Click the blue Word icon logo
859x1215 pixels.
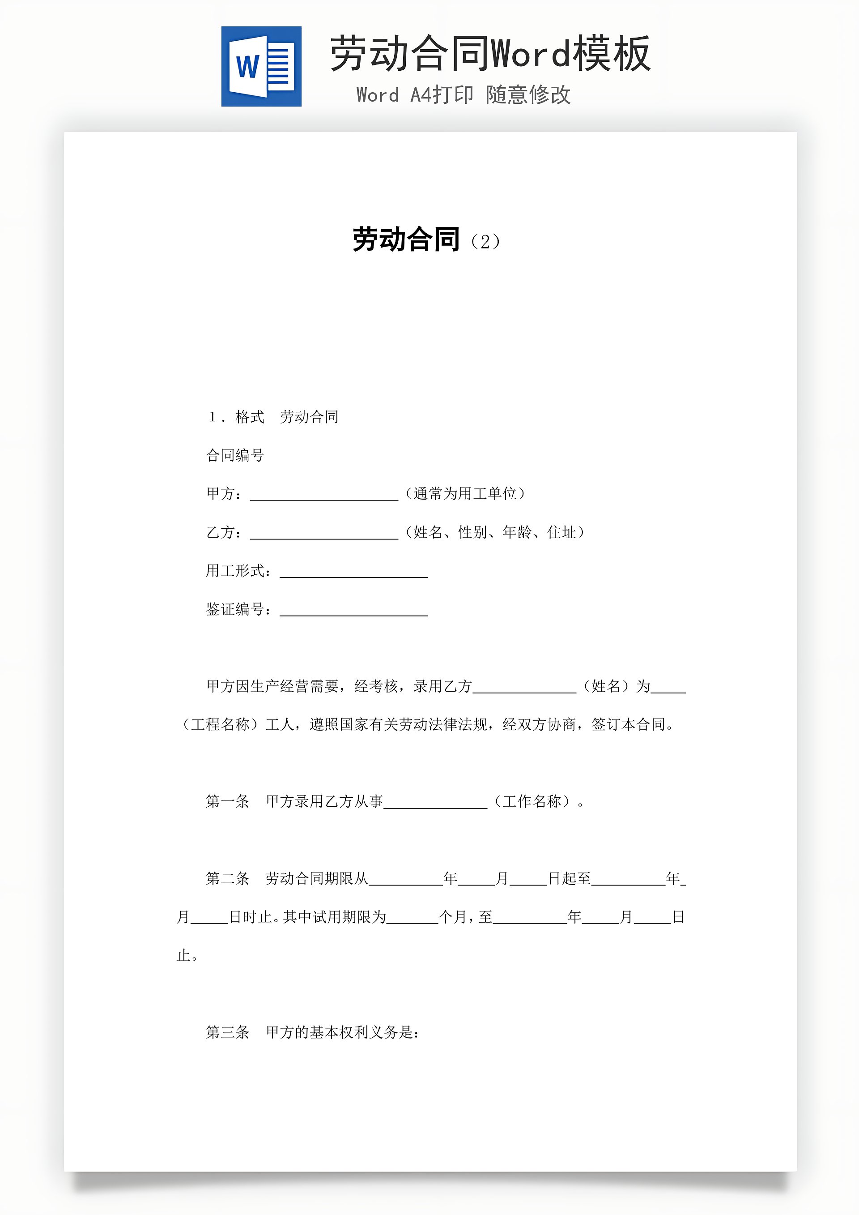261,67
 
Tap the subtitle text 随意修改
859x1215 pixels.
528,95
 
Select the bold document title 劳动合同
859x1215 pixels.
406,240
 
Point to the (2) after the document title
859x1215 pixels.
485,242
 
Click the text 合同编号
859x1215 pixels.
235,455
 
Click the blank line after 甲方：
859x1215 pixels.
324,496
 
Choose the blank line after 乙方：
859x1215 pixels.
324,535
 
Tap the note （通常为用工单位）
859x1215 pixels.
465,494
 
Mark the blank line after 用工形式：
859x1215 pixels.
353,573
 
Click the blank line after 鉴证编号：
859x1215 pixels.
353,612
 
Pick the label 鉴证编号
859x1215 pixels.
235,610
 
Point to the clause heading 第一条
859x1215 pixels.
227,802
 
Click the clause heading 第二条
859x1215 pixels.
227,879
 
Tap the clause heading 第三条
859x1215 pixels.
227,1032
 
